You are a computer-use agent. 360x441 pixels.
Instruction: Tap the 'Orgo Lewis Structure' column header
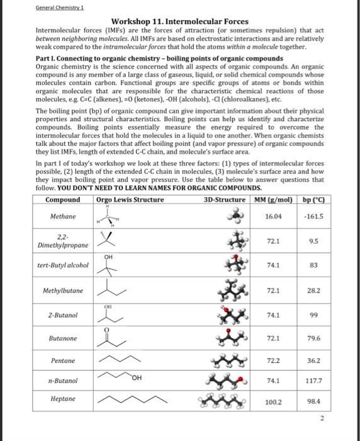pos(130,200)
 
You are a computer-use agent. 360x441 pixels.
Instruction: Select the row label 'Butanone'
pos(63,338)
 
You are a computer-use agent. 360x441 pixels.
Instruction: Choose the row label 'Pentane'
pos(63,361)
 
